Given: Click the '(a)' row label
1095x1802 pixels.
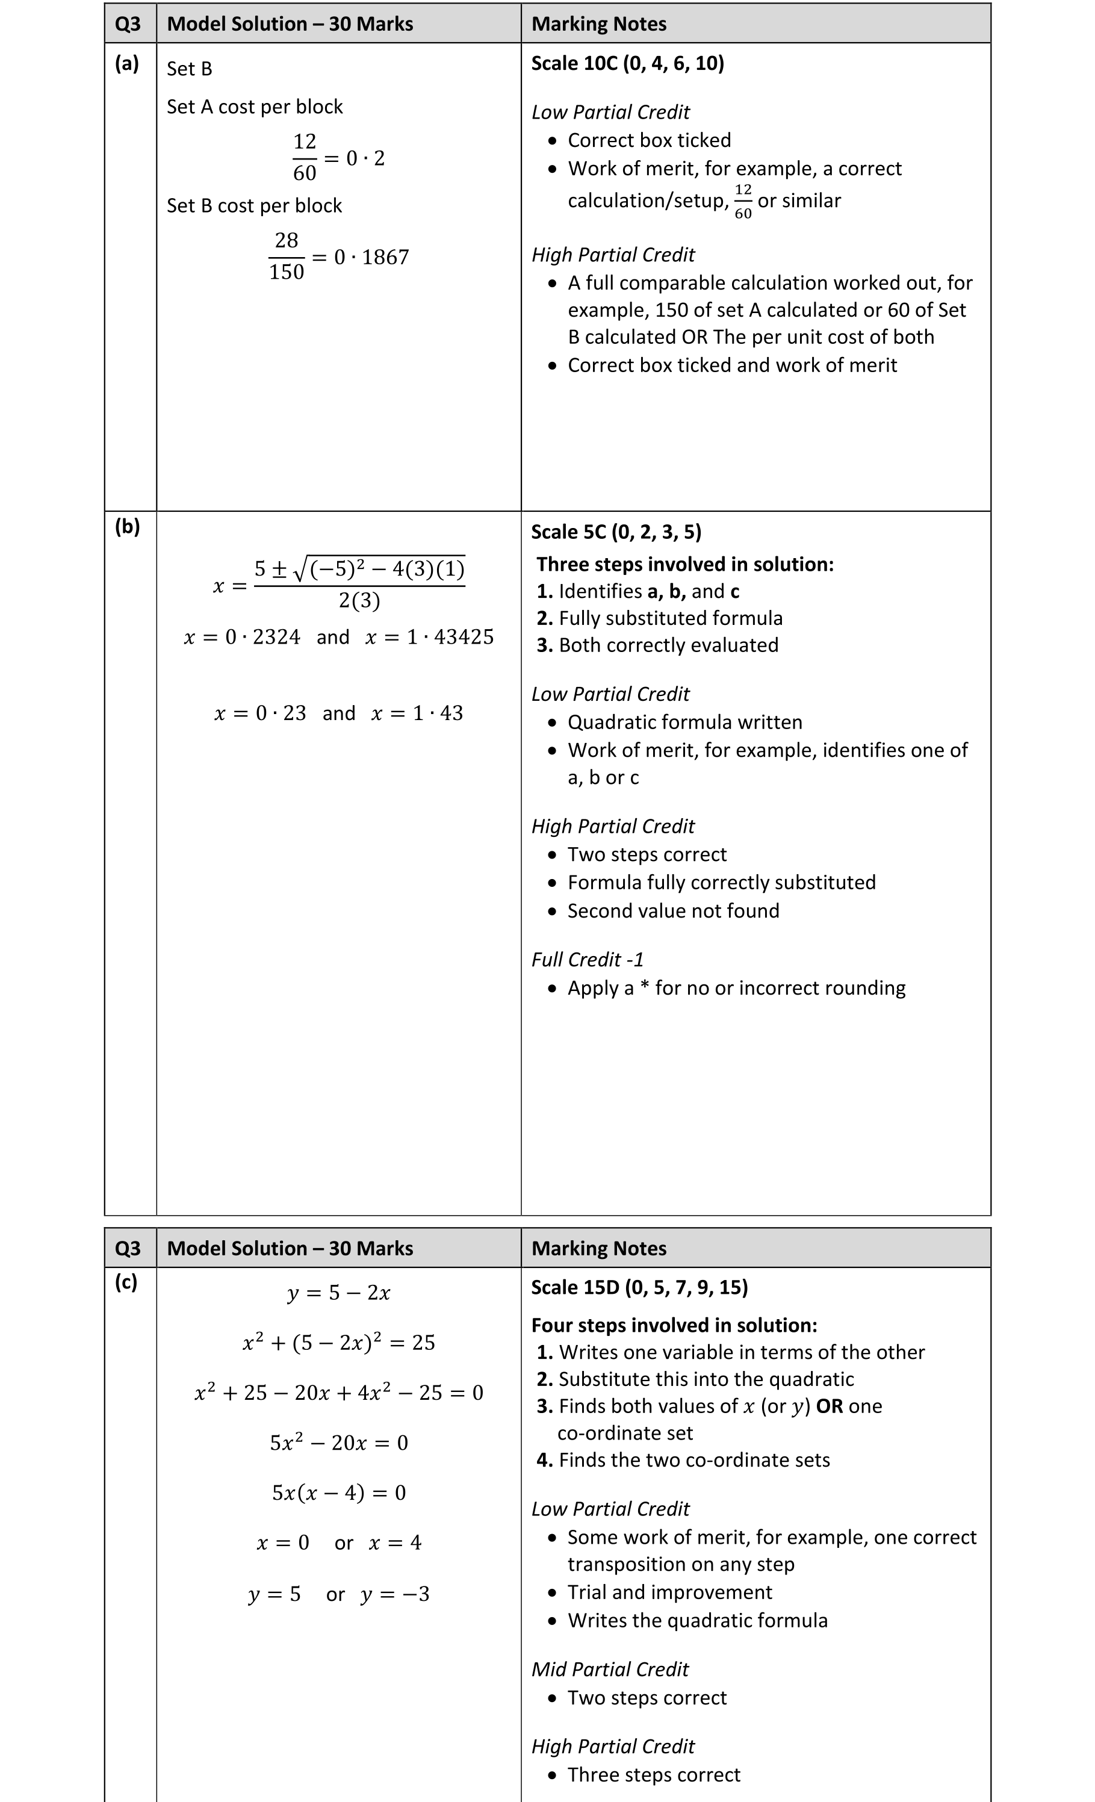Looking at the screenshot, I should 126,64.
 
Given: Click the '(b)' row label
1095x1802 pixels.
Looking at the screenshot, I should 127,527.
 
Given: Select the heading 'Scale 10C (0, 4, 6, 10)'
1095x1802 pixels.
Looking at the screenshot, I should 627,64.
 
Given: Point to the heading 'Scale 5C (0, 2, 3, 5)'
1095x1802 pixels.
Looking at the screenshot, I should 616,532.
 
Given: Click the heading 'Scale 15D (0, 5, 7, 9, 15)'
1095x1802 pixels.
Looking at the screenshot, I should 639,1287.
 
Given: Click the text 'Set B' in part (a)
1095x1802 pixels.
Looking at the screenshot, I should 190,69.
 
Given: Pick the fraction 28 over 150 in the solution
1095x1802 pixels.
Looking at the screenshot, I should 286,256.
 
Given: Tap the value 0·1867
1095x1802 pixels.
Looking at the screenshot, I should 371,258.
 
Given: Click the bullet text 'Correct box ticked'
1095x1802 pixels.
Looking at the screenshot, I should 649,140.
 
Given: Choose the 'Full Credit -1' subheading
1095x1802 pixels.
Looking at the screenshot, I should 588,960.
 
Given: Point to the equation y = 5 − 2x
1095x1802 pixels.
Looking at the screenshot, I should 339,1293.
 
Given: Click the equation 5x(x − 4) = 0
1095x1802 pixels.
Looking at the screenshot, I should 339,1493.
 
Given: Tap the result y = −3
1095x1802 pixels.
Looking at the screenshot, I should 395,1594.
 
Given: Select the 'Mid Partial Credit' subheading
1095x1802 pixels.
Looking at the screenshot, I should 610,1669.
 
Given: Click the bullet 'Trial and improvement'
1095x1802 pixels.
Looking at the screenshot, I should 669,1592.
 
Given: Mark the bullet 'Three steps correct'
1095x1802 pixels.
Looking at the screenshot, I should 654,1775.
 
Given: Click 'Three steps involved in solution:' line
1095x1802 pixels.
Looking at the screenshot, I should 684,564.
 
